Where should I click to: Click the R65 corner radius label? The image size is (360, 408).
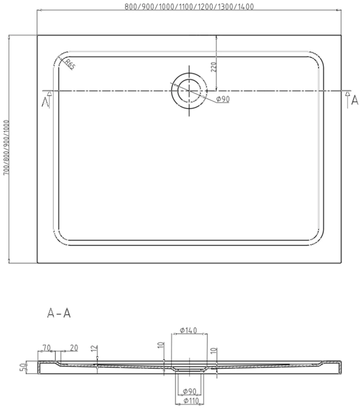pyautogui.click(x=70, y=64)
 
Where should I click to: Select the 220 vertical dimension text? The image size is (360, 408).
pyautogui.click(x=214, y=67)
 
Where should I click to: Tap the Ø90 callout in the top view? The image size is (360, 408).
pyautogui.click(x=223, y=99)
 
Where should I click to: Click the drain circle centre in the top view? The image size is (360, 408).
pyautogui.click(x=189, y=91)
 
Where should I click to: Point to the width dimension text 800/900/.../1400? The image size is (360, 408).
pyautogui.click(x=189, y=7)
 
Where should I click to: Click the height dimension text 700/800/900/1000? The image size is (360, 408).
pyautogui.click(x=6, y=147)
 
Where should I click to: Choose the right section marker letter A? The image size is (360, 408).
pyautogui.click(x=355, y=100)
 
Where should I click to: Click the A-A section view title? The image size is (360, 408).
pyautogui.click(x=59, y=313)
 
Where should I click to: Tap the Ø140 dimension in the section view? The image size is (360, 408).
pyautogui.click(x=189, y=330)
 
